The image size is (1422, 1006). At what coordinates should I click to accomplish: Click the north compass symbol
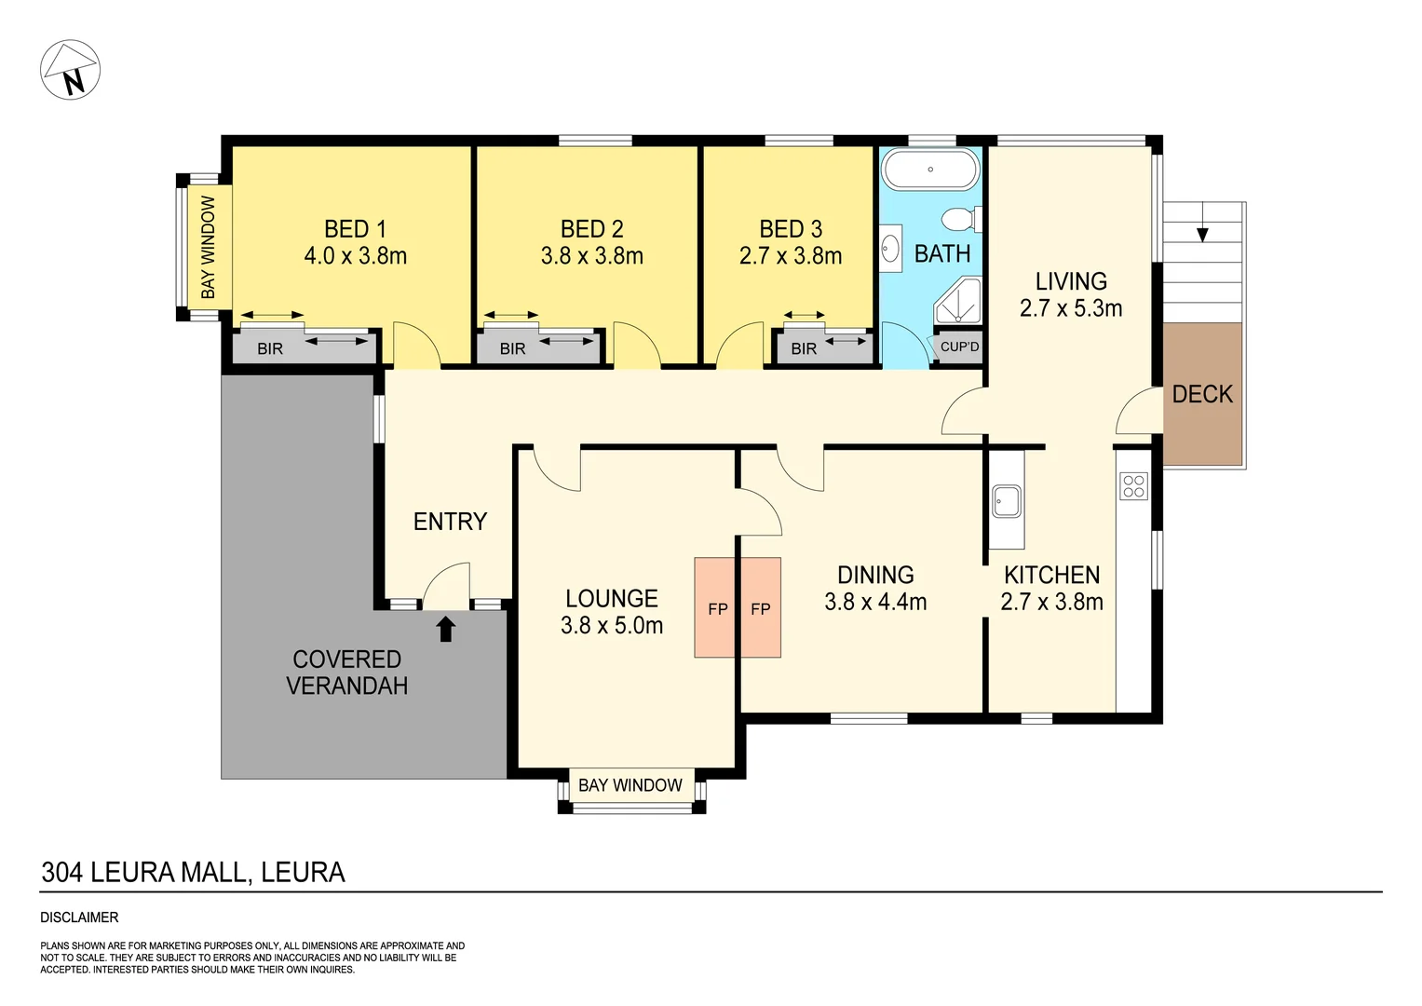(71, 70)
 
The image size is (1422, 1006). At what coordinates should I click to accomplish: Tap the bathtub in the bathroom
(930, 170)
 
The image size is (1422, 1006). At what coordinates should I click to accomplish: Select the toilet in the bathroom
(959, 220)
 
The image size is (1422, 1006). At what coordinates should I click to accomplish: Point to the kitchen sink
(1006, 501)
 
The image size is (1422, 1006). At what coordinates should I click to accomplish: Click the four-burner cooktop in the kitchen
(1133, 486)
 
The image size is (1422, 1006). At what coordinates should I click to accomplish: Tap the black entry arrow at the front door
(446, 629)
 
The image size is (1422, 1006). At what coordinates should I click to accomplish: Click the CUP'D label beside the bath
(959, 347)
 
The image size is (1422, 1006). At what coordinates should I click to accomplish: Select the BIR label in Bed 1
(270, 348)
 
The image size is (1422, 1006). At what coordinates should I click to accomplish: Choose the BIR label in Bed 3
(804, 348)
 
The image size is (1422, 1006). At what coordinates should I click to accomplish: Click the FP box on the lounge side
(717, 609)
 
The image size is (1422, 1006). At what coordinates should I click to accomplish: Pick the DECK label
(1202, 394)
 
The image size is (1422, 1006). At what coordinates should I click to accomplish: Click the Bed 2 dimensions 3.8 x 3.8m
(591, 256)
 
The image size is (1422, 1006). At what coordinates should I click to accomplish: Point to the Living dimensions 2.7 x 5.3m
(1071, 308)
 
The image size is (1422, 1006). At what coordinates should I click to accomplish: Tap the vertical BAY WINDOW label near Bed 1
(209, 248)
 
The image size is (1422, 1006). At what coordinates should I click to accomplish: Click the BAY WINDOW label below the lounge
(630, 785)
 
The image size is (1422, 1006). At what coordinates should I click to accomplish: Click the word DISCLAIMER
(79, 918)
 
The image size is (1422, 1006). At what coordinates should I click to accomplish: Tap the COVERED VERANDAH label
(346, 673)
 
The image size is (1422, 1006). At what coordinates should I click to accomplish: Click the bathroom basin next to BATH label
(890, 249)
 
